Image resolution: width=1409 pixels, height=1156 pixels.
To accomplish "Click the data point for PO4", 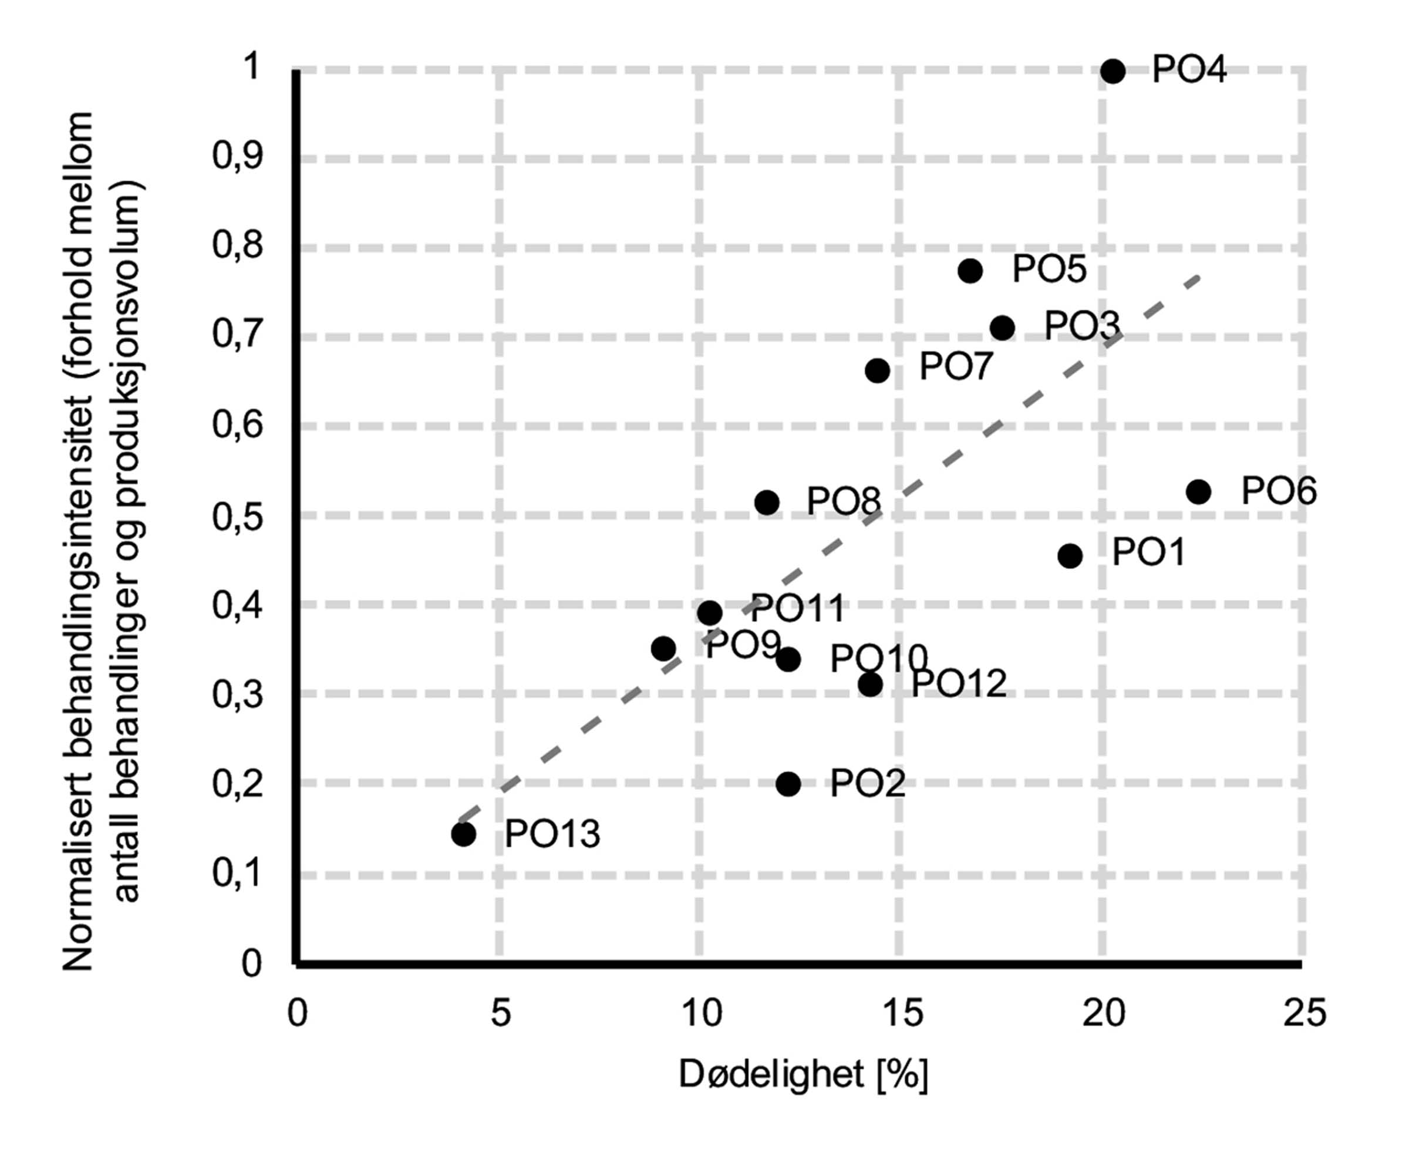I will (1113, 70).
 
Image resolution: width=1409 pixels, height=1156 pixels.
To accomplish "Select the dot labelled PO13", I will (463, 833).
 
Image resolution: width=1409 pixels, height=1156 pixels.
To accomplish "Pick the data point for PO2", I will (788, 784).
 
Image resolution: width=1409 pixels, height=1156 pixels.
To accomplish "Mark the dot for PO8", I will (767, 502).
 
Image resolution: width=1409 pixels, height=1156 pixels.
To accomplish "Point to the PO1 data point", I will (1070, 555).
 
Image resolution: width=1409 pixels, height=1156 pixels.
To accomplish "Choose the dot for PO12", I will (870, 684).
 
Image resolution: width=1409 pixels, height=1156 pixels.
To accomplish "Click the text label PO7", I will (956, 367).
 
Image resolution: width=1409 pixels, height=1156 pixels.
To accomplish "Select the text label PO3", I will (1082, 326).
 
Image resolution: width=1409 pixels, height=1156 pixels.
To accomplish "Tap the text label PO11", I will (798, 608).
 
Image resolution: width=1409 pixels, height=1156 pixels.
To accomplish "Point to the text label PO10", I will (879, 659).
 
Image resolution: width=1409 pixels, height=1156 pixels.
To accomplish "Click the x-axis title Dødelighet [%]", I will (803, 1073).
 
